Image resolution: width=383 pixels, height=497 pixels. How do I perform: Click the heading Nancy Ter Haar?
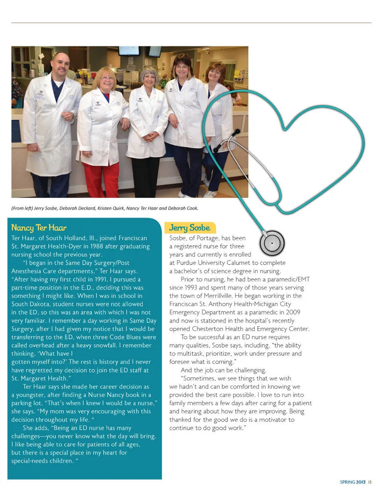point(39,228)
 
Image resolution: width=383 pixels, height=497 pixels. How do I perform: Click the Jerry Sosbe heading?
point(190,228)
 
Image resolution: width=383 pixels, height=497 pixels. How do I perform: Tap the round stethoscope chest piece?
point(272,243)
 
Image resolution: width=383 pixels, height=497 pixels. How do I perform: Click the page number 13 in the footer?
point(370,482)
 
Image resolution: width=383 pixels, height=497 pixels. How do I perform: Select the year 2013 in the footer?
point(361,482)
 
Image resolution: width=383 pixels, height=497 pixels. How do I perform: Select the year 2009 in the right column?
point(293,312)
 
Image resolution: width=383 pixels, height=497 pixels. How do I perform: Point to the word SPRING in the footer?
point(347,482)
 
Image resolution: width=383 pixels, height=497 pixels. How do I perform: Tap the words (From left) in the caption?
point(22,208)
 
